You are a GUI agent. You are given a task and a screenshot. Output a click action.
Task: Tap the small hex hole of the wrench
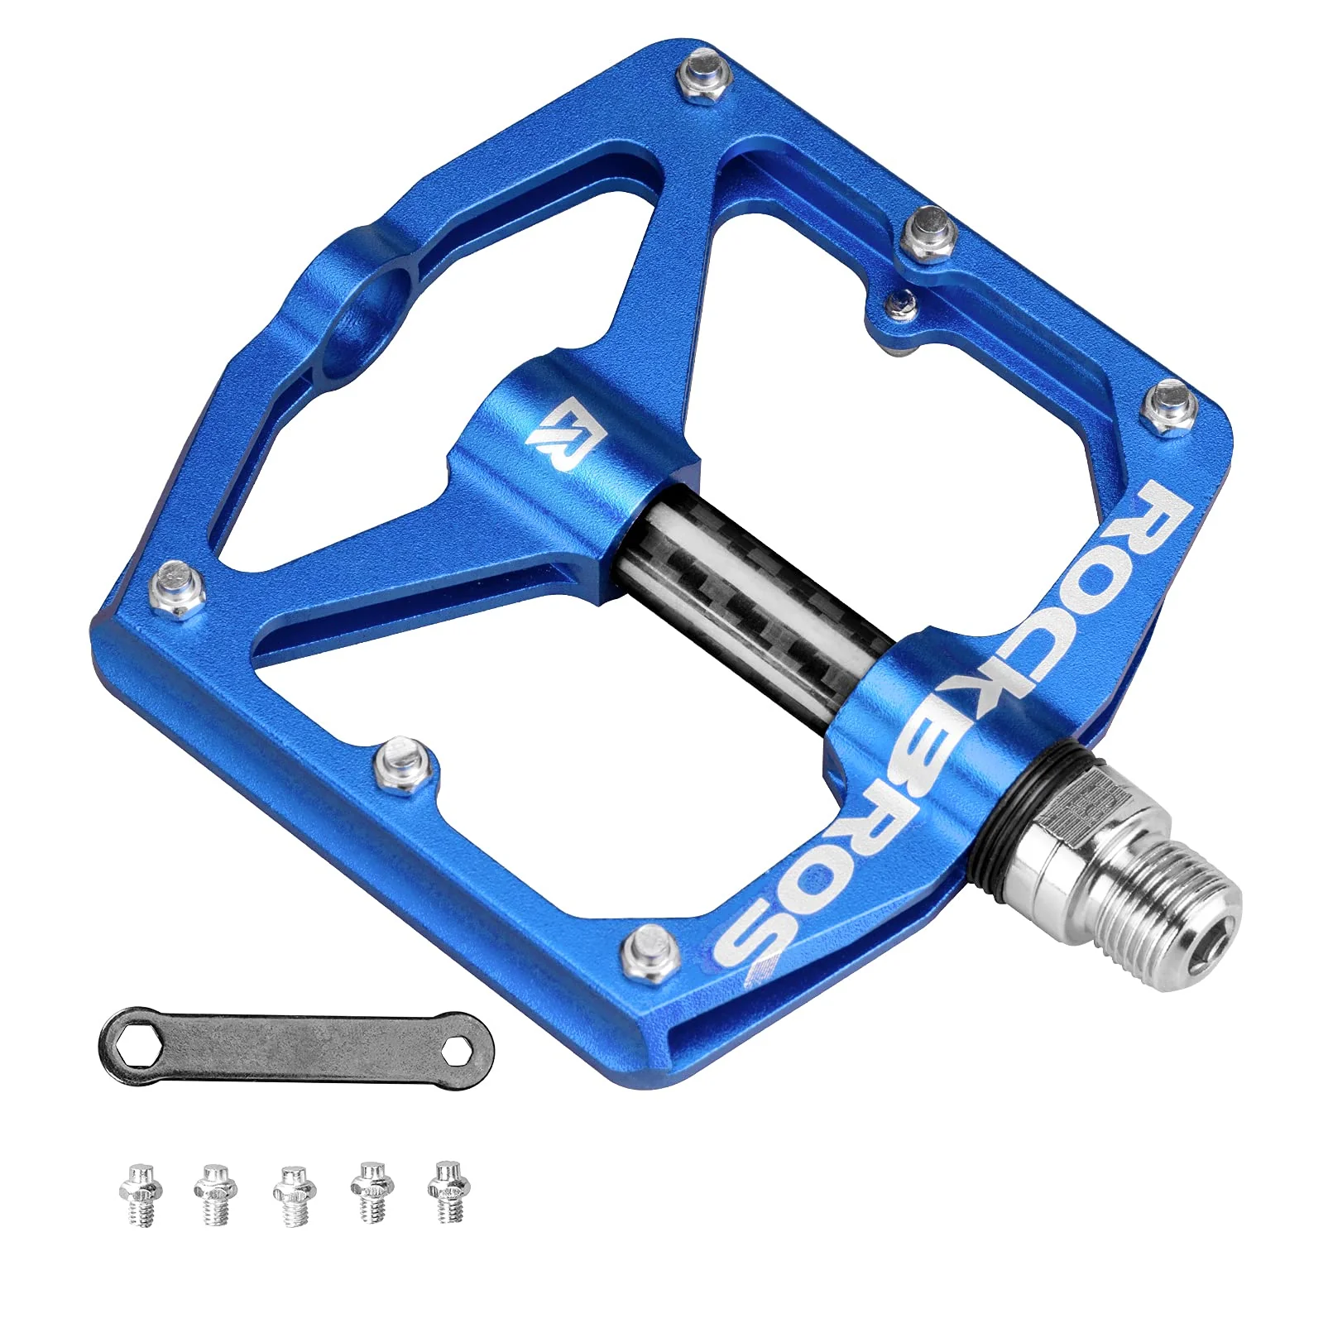[454, 1053]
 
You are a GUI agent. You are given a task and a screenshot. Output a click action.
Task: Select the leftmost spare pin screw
[141, 1193]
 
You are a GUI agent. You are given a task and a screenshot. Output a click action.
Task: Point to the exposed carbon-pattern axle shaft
[745, 596]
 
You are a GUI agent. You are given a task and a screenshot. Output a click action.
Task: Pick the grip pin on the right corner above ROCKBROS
[1170, 405]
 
